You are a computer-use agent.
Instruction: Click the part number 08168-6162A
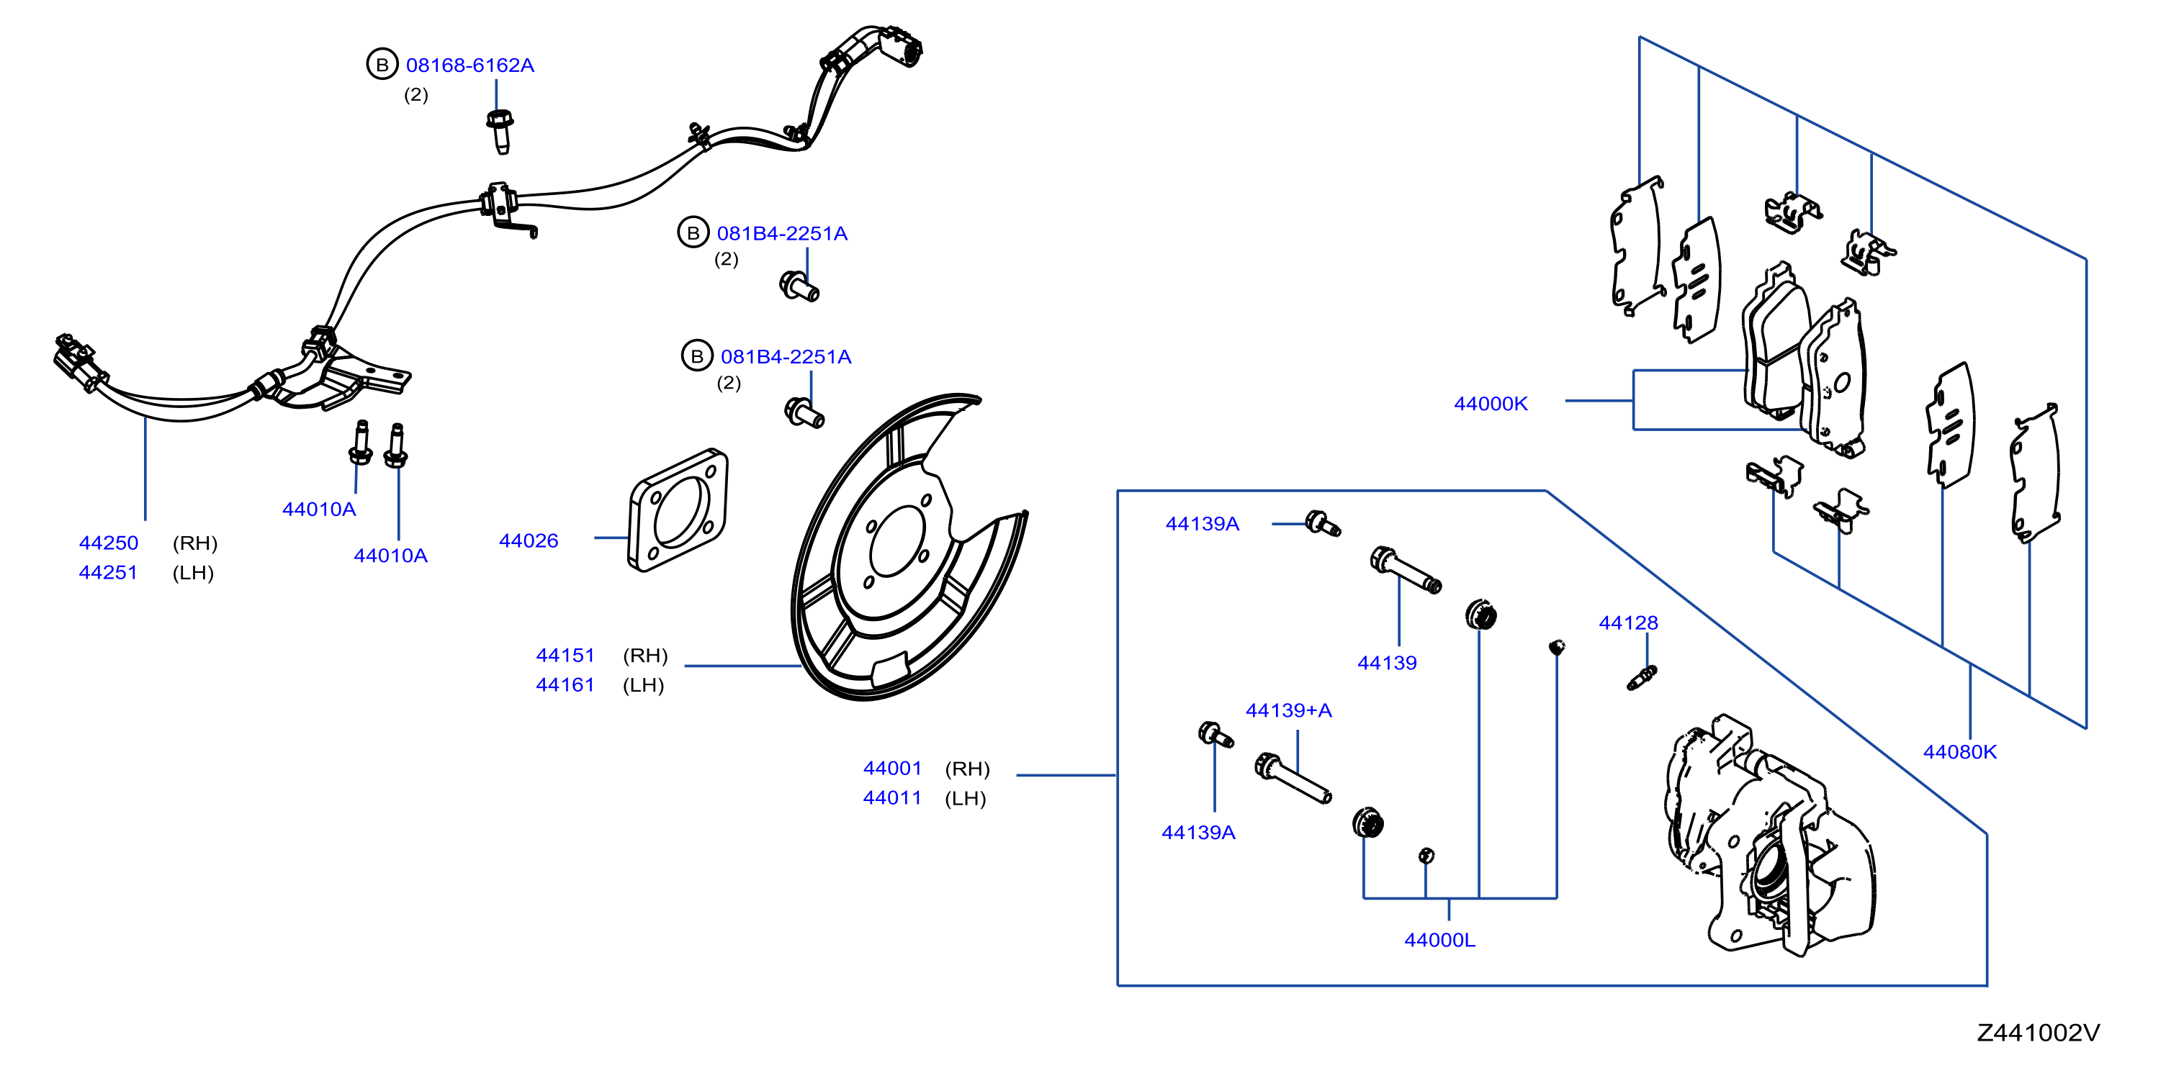coord(469,65)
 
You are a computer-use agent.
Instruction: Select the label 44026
coord(529,540)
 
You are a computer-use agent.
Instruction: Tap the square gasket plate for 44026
coord(678,510)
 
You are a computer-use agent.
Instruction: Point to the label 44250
coord(109,543)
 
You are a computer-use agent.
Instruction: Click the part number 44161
coord(565,685)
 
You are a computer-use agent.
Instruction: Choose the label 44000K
coord(1491,404)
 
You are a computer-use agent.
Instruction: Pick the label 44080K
coord(1959,752)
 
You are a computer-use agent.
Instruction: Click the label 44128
coord(1628,623)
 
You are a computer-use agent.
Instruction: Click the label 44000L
coord(1439,940)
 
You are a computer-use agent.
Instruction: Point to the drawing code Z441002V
coord(2038,1033)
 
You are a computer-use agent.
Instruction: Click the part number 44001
coord(892,768)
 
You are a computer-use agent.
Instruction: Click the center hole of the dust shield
coord(897,543)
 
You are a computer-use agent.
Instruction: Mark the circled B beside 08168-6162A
coord(382,65)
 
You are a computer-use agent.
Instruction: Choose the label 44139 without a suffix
coord(1387,663)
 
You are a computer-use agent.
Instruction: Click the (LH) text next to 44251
coord(193,573)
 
